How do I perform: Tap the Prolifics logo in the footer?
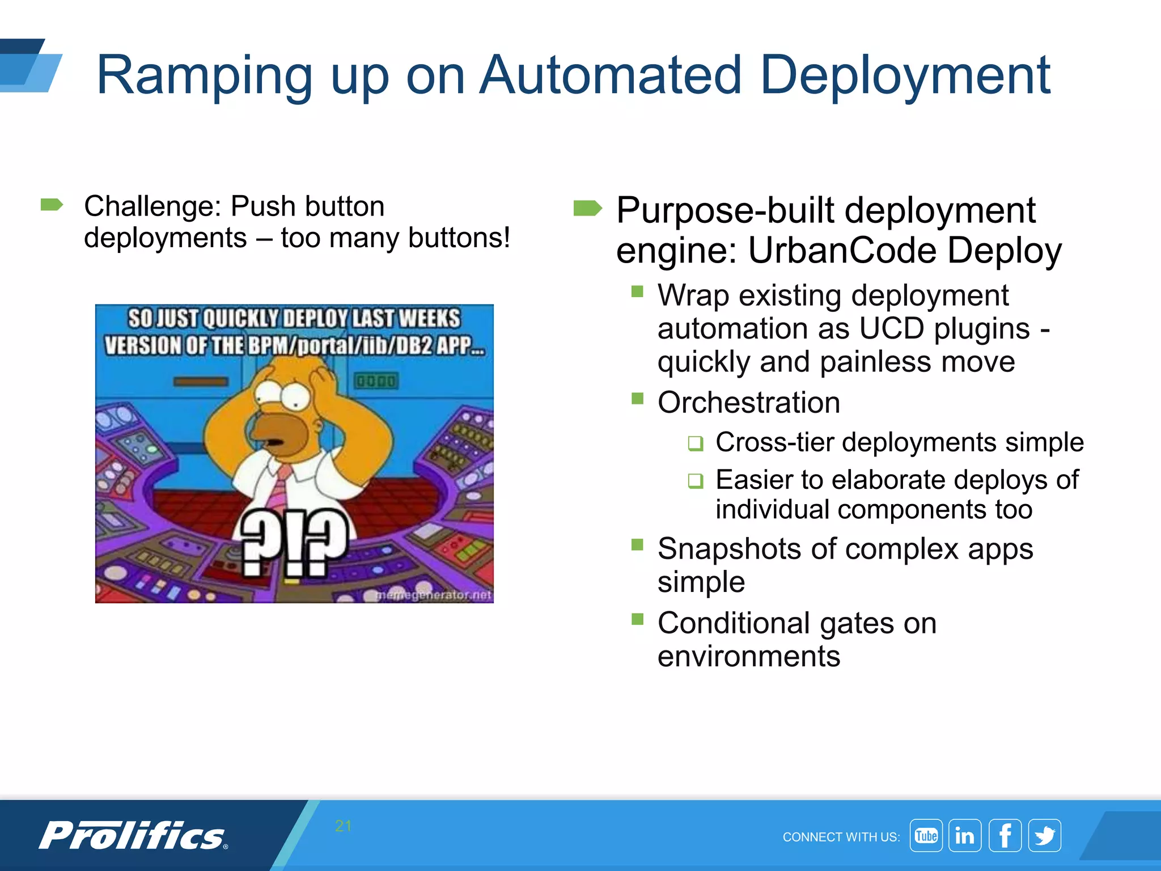[x=134, y=836]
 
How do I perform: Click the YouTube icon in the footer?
[x=926, y=835]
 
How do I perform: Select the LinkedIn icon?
[x=965, y=835]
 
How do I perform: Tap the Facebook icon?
[x=1005, y=835]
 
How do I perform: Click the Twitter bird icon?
[x=1044, y=835]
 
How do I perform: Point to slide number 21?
[x=343, y=826]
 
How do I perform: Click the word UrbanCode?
[x=841, y=250]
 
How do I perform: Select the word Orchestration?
[x=748, y=403]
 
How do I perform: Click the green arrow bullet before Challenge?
[x=52, y=205]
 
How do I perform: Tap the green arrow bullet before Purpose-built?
[x=587, y=208]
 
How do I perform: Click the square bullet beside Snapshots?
[x=638, y=545]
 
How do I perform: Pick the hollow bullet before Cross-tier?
[x=696, y=443]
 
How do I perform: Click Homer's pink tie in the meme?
[x=278, y=488]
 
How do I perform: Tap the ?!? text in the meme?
[x=293, y=542]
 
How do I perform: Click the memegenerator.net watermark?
[x=434, y=594]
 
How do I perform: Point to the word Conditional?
[x=734, y=623]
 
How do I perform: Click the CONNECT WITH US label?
[x=841, y=837]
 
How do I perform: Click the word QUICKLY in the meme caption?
[x=241, y=319]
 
